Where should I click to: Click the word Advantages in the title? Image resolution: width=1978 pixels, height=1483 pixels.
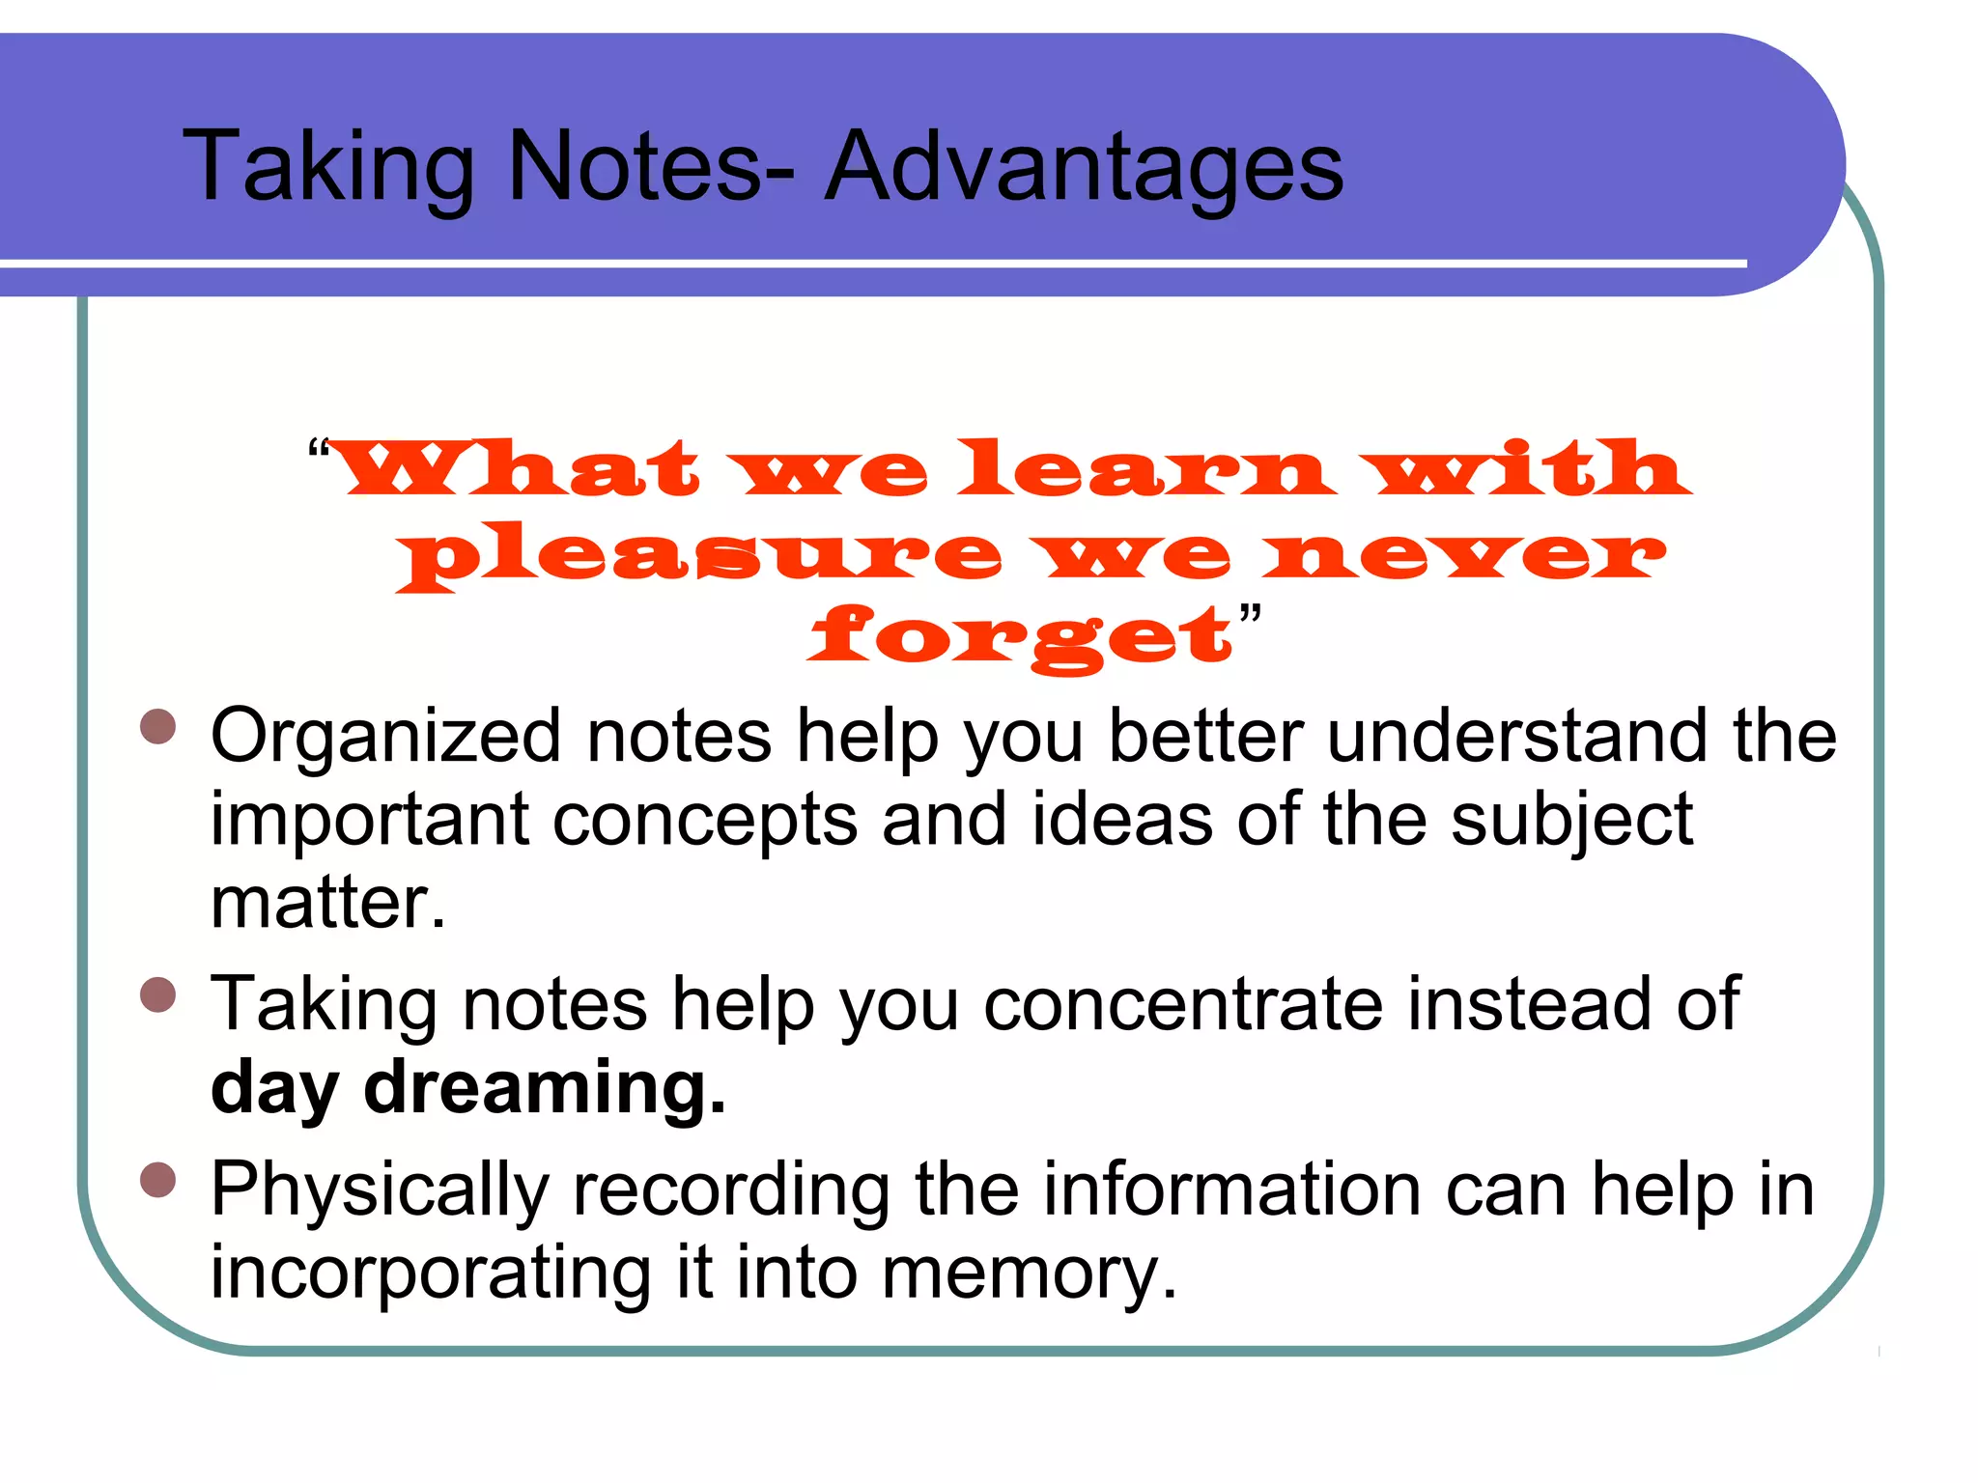click(1084, 168)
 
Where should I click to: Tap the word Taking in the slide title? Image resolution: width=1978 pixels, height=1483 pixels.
click(328, 168)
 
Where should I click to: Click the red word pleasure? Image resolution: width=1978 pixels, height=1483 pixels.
click(700, 555)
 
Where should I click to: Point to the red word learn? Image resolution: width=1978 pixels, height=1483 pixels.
click(1146, 470)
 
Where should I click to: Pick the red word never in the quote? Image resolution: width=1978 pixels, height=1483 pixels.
click(1464, 555)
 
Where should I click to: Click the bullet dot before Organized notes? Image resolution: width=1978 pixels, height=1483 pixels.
click(157, 728)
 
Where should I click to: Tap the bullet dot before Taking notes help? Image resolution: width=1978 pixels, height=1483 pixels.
click(157, 995)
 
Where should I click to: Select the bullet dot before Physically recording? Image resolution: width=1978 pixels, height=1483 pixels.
click(157, 1180)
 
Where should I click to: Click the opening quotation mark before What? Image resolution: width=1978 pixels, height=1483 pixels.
click(318, 451)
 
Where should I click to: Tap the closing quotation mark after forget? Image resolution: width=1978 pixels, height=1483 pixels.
click(1250, 615)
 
